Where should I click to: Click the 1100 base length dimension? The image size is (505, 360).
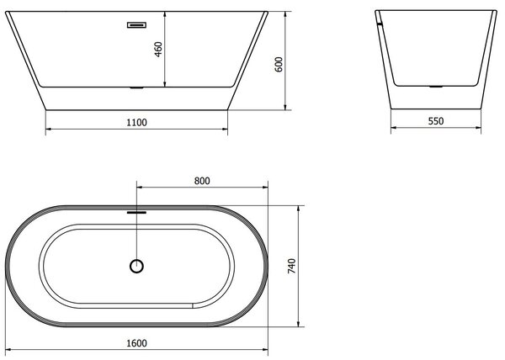(x=136, y=123)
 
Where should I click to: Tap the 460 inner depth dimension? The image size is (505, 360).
(x=158, y=50)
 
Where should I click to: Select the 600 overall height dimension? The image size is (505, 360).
(x=279, y=64)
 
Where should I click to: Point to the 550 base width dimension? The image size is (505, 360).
(x=436, y=121)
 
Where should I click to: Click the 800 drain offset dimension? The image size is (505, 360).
(x=202, y=181)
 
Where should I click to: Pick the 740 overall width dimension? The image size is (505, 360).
(x=291, y=266)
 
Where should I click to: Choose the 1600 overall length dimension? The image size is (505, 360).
(x=136, y=343)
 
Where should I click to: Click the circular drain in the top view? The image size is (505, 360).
(x=136, y=267)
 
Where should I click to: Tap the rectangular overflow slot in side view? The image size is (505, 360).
(x=137, y=24)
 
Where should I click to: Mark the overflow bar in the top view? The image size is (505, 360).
(x=136, y=212)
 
